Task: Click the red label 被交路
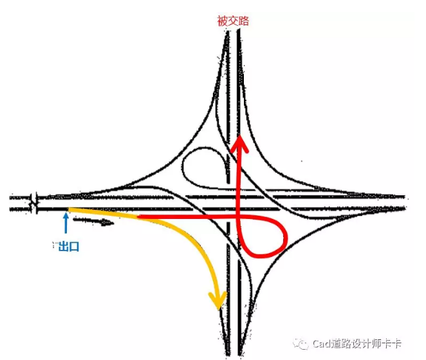[233, 21]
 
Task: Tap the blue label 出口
[68, 247]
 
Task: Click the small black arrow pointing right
[93, 222]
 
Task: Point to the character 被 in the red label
[223, 21]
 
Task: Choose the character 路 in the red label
[243, 21]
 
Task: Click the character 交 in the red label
[233, 21]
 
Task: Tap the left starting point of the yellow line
[69, 209]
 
